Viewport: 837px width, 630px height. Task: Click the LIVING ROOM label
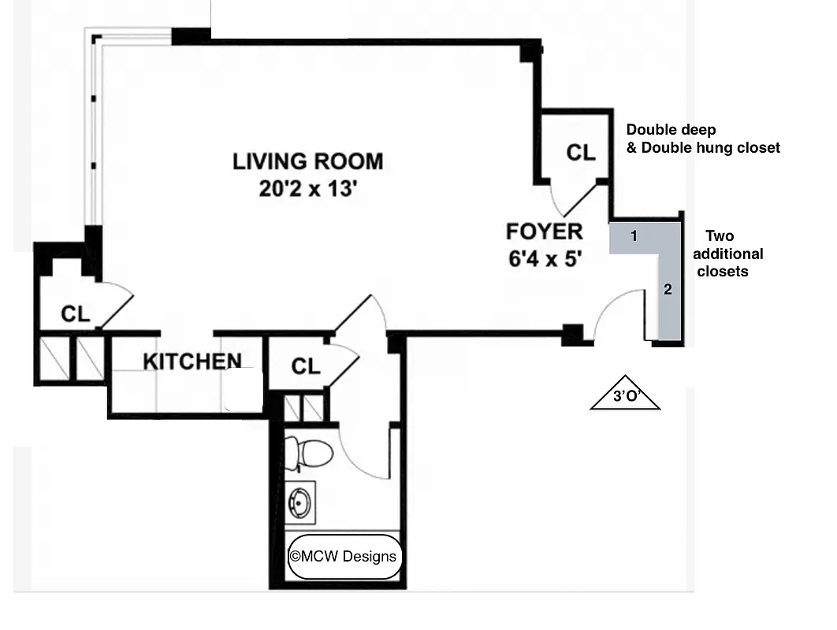tap(307, 161)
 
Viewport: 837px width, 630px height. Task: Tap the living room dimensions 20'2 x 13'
tap(307, 190)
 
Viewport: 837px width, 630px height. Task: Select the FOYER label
tap(544, 232)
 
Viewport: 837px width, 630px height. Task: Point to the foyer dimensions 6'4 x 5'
tap(545, 258)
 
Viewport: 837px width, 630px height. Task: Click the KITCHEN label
tap(192, 361)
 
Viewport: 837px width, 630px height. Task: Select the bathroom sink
tap(300, 501)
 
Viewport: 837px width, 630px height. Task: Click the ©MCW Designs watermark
tap(344, 557)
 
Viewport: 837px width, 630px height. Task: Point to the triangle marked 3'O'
tap(625, 395)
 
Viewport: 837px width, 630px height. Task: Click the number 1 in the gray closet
tap(634, 235)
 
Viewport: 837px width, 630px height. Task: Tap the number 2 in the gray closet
tap(668, 289)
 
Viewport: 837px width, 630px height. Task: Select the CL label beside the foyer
tap(581, 153)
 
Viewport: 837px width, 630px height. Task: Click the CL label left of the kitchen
tap(76, 314)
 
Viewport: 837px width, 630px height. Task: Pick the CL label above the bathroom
tap(306, 366)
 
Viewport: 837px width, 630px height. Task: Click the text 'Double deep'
tap(671, 130)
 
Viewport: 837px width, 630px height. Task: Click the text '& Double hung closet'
tap(702, 147)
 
